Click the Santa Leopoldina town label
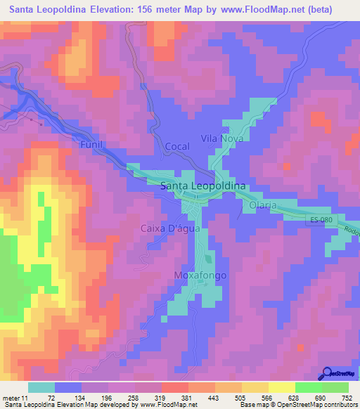pos(203,186)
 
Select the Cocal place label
pos(177,146)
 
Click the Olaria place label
pos(262,204)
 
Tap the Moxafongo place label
pos(200,275)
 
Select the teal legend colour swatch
pos(41,387)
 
